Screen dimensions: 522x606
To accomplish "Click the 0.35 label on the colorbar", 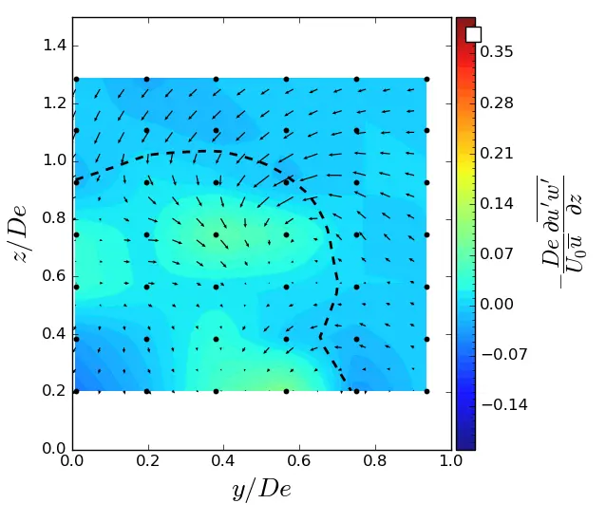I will (x=498, y=52).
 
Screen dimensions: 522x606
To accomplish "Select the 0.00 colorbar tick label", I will (x=498, y=304).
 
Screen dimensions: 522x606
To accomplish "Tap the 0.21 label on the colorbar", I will (x=498, y=153).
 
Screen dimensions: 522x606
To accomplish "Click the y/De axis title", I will (x=261, y=490).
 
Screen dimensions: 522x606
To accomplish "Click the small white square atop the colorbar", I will (x=473, y=34).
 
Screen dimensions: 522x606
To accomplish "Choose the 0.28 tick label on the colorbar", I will (x=498, y=103).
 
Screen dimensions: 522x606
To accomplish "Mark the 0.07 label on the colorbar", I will (x=498, y=253).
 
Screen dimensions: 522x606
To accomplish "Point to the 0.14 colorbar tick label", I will (x=498, y=203).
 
